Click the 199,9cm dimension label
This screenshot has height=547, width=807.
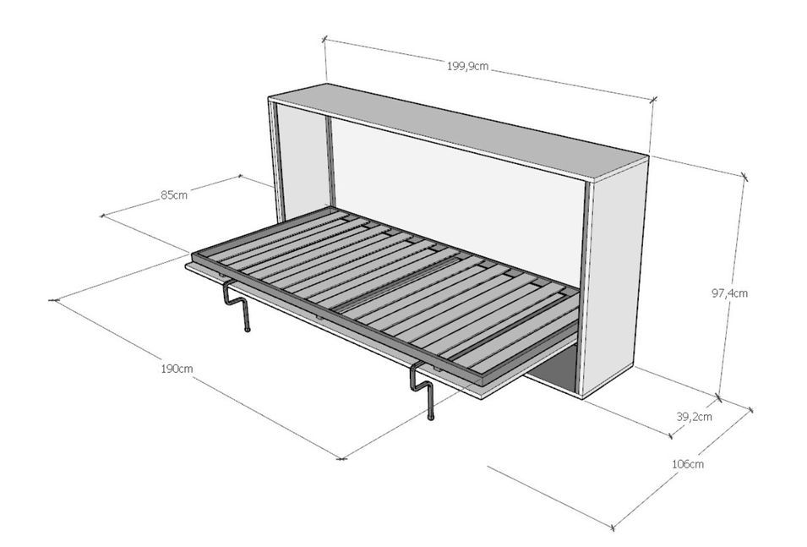[467, 66]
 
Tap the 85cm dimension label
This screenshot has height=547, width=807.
[174, 195]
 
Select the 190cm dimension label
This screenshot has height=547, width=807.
[177, 369]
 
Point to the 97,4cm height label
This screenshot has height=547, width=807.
[730, 293]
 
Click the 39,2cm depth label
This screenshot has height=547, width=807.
[694, 416]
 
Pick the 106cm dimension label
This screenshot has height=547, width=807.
[688, 463]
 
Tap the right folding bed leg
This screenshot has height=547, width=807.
[424, 391]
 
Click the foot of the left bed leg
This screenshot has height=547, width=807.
[247, 329]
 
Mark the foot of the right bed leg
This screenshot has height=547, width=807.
[431, 417]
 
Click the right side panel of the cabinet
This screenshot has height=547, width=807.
[614, 278]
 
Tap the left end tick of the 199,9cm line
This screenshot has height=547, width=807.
[324, 39]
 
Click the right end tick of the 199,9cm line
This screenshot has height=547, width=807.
[654, 100]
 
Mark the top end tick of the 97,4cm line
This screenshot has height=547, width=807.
[744, 177]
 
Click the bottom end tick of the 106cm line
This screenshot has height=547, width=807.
[613, 528]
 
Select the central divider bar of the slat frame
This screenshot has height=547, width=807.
[396, 285]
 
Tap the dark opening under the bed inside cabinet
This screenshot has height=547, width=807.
[553, 375]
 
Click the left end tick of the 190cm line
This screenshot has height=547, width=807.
[53, 300]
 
